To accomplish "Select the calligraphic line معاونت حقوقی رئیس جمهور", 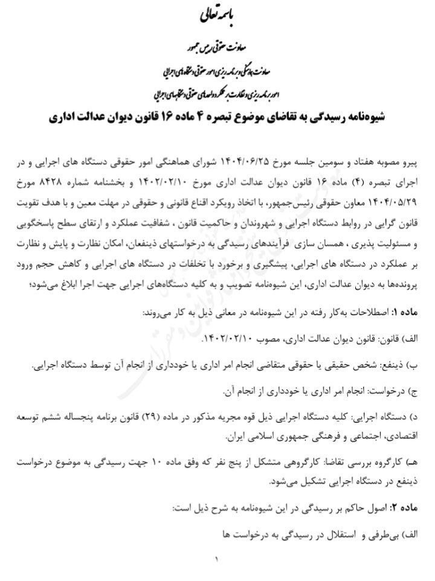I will [x=217, y=46].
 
